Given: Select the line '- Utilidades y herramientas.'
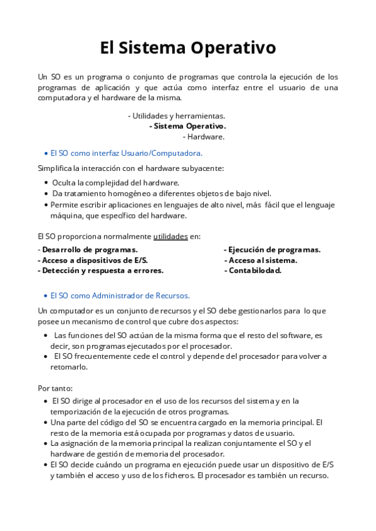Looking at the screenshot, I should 176,116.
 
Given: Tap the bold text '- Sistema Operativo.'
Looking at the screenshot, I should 187,126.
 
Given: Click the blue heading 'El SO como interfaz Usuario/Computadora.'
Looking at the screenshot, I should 126,153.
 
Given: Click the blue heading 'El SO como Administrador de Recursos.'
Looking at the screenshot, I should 120,296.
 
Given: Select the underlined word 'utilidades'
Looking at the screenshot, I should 170,237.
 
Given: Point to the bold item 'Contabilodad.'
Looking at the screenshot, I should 255,271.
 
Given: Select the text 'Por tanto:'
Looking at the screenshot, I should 55,388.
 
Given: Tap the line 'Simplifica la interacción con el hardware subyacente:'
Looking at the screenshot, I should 130,168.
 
